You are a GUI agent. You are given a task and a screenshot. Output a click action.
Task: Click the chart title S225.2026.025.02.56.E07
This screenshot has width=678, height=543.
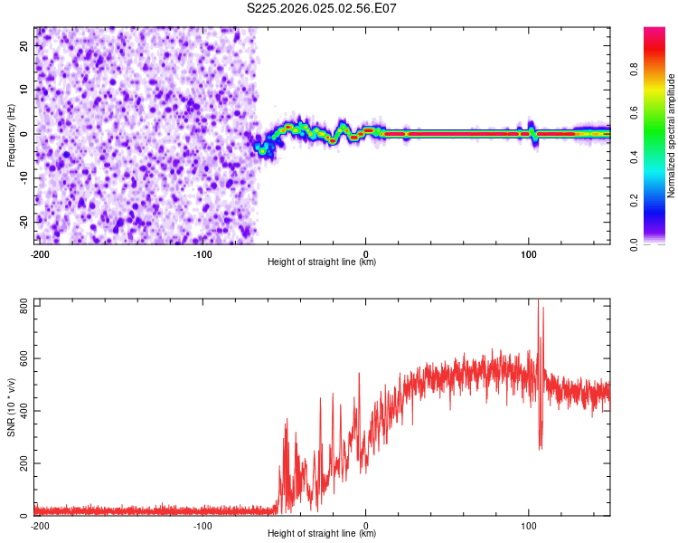point(322,8)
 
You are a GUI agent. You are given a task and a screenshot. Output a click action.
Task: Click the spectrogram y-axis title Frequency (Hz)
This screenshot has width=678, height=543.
point(11,136)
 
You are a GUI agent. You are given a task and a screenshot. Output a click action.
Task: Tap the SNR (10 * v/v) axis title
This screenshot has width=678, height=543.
point(11,408)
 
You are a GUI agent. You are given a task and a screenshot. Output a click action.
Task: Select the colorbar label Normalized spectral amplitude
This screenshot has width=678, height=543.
point(671,136)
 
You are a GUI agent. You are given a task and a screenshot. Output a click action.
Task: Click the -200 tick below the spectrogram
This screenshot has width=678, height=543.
point(40,253)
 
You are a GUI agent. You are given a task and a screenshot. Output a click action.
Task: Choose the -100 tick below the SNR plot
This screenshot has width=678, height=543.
point(202,525)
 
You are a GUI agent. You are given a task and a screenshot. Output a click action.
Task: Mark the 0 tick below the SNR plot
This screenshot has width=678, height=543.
point(366,525)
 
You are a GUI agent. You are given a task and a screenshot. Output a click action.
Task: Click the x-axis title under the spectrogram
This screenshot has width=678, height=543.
point(322,262)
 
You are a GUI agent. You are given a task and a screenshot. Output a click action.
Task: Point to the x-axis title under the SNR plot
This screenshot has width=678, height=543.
point(322,534)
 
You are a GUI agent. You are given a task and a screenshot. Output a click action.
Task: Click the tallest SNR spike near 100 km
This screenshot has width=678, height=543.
point(539,302)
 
